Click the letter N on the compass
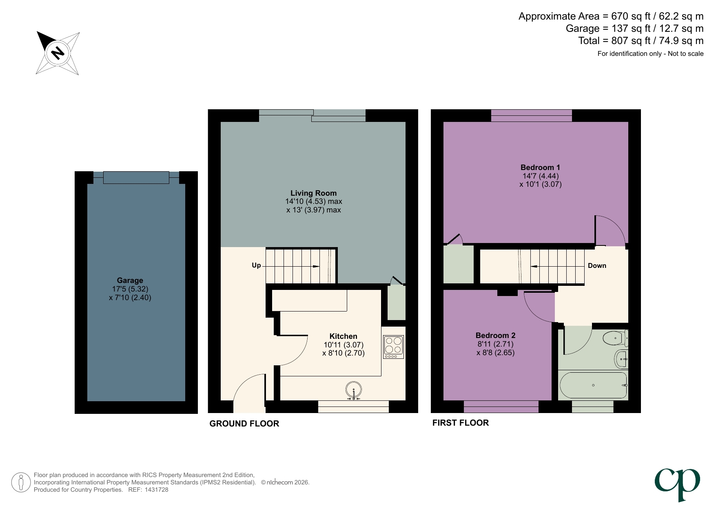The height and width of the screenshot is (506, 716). (58, 53)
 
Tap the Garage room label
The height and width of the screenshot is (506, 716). (130, 281)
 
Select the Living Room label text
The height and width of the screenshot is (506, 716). (313, 193)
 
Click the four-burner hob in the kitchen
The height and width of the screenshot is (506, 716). (393, 347)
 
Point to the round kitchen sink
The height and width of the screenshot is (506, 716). (353, 390)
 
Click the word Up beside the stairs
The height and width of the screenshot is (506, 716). (256, 265)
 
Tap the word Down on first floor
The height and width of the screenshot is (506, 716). (597, 266)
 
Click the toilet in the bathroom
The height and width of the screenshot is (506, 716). (615, 338)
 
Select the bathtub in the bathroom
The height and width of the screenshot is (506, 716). (593, 385)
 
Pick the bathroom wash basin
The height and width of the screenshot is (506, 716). (621, 359)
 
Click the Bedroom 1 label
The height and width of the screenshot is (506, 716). (540, 168)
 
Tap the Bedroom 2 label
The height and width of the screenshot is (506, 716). (495, 336)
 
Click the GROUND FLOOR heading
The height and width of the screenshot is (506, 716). (244, 424)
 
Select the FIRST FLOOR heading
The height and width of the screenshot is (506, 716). (460, 423)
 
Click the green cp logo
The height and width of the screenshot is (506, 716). (677, 484)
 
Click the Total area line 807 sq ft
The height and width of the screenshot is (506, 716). (641, 41)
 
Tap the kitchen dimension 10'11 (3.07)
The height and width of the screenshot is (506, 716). (344, 345)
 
